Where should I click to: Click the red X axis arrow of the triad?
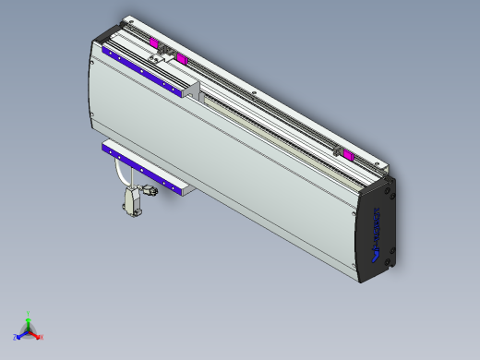coord(37,335)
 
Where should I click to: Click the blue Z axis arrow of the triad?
coord(20,335)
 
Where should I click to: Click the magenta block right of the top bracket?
coord(181,60)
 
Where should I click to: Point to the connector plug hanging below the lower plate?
coord(132,200)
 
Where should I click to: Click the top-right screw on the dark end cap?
coord(393,195)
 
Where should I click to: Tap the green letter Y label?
coord(29,313)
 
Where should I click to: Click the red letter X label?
coord(42,338)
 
